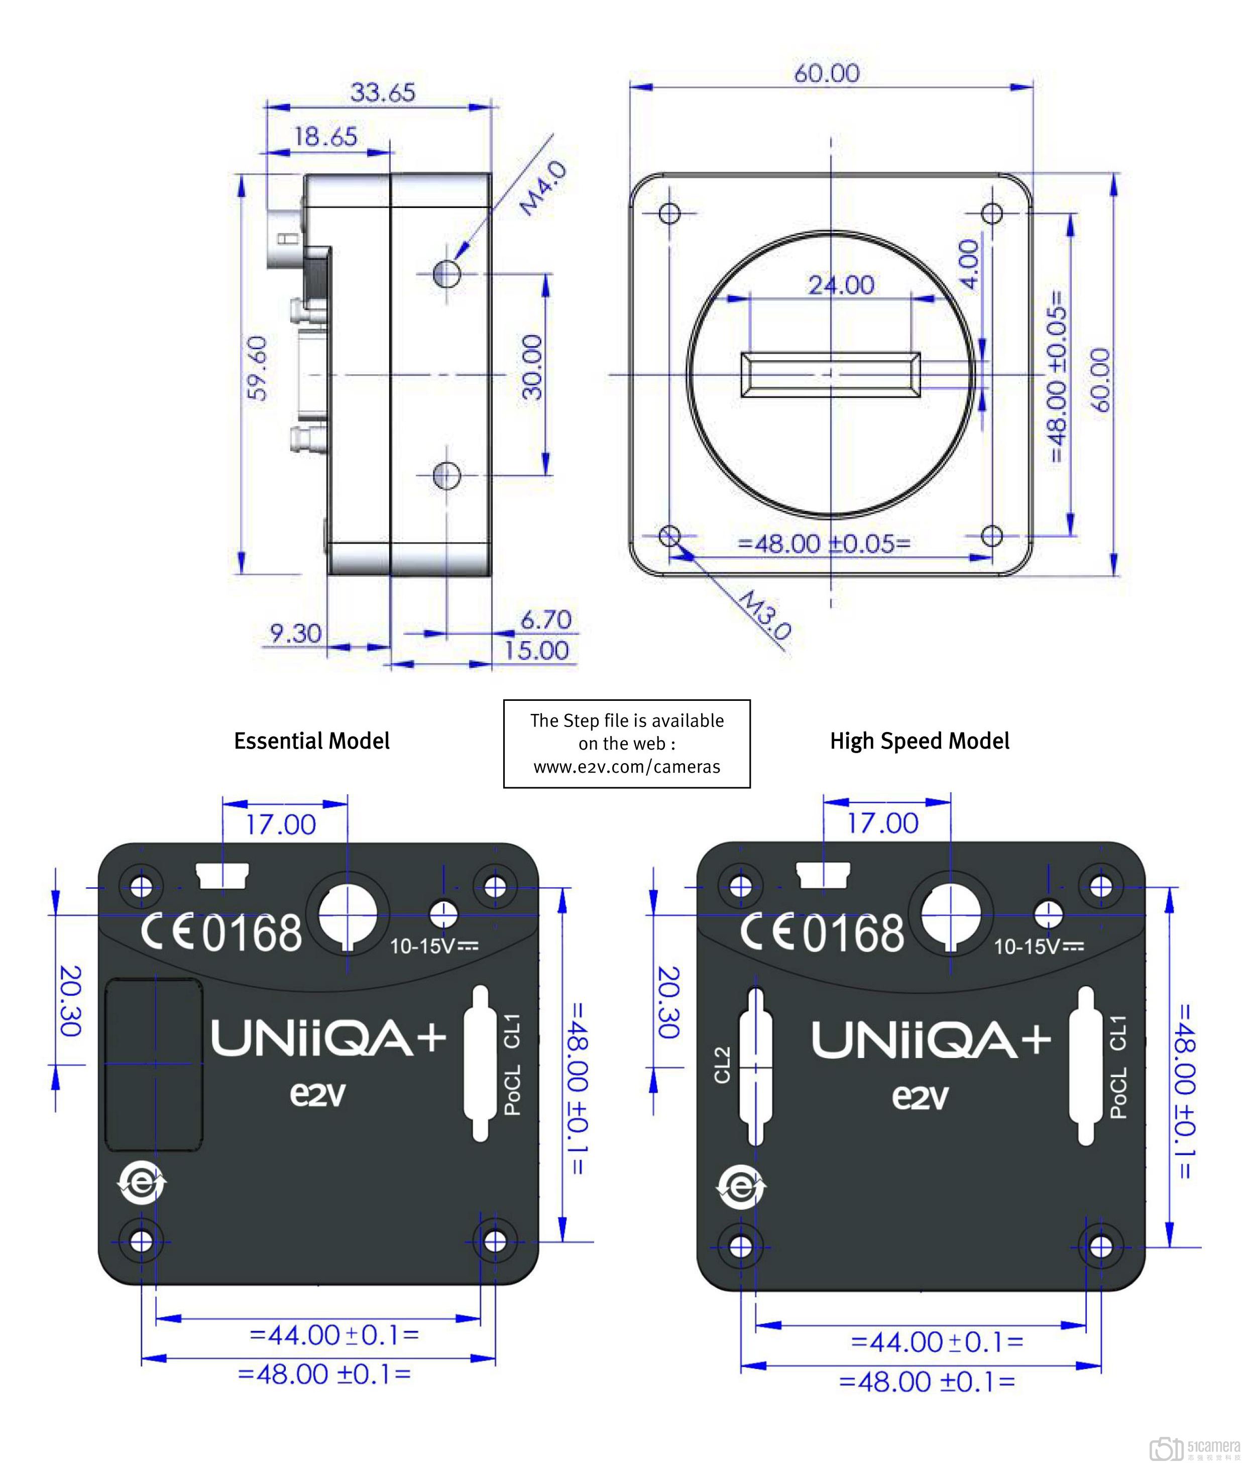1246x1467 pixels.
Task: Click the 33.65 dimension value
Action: [x=383, y=92]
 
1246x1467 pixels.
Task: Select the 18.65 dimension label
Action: [x=325, y=136]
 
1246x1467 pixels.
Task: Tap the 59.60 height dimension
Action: [x=259, y=367]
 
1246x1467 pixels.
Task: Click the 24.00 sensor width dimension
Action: [x=841, y=285]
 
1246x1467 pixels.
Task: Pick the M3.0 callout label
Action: [x=764, y=615]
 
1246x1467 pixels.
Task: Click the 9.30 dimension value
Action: [x=295, y=633]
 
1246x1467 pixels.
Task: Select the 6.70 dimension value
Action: [x=545, y=620]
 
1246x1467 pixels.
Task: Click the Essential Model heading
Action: [x=311, y=741]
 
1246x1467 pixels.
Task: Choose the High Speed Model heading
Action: [x=919, y=741]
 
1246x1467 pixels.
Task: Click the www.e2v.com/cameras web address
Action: [x=627, y=767]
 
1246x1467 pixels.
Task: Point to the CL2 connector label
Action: [x=722, y=1065]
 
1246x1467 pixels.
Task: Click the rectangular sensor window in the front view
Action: [x=830, y=374]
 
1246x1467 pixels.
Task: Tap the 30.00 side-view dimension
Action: [x=532, y=367]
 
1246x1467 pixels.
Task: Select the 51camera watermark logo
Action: [x=1194, y=1447]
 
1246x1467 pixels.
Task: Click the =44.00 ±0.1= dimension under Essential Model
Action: [x=334, y=1335]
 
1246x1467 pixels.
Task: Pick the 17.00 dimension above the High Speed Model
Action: [x=882, y=823]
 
